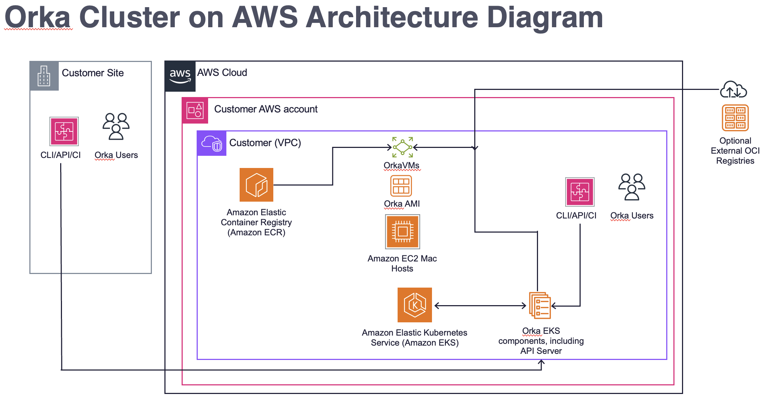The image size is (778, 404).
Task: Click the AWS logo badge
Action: pos(180,76)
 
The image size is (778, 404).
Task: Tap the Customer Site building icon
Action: pos(44,76)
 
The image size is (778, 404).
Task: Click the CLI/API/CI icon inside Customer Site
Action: pos(64,131)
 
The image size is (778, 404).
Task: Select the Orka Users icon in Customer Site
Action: pos(116,126)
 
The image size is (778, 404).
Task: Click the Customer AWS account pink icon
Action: pos(195,110)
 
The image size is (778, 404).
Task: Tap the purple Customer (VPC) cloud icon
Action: pos(212,143)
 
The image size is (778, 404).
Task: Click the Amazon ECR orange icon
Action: pos(256,185)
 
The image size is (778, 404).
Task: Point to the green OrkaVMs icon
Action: pos(402,147)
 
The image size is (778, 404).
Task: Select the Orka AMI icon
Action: pos(401,186)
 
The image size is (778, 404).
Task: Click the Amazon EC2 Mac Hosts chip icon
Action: pos(402,232)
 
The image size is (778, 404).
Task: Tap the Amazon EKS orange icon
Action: pos(414,305)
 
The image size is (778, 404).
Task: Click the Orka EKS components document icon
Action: pos(540,306)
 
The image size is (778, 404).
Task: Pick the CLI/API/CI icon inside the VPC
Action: pos(580,192)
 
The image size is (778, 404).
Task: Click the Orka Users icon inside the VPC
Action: pos(631,187)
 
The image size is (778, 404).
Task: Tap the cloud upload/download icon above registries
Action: pos(733,90)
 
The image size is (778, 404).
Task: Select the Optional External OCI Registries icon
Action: pos(735,118)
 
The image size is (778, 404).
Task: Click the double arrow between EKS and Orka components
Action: pos(480,306)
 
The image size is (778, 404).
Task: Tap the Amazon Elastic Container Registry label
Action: pos(256,222)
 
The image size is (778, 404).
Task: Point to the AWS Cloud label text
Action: pos(222,73)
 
